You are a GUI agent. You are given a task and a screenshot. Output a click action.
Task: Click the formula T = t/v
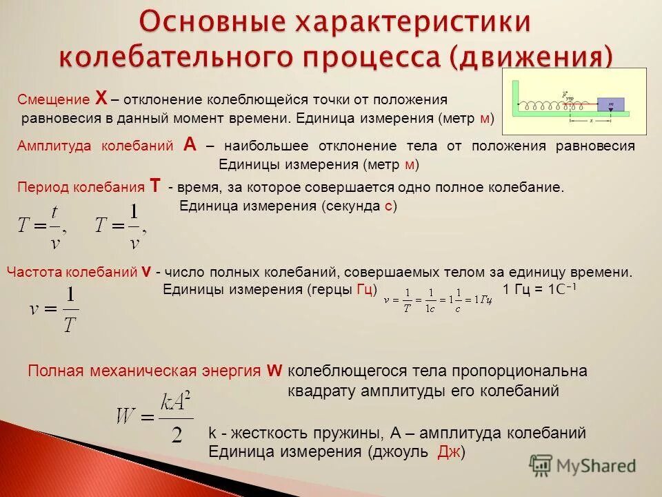[42, 226]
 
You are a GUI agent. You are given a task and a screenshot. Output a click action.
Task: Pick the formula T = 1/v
[121, 226]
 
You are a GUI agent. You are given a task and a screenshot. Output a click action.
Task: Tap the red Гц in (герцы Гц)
[365, 289]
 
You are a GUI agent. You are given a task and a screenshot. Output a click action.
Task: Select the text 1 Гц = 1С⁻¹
[539, 289]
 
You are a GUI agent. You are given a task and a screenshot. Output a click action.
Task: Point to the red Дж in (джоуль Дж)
[449, 451]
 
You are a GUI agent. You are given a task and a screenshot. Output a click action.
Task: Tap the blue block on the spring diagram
[610, 104]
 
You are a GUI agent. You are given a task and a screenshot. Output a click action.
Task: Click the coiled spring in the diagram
[552, 106]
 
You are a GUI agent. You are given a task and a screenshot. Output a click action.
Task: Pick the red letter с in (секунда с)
[388, 206]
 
